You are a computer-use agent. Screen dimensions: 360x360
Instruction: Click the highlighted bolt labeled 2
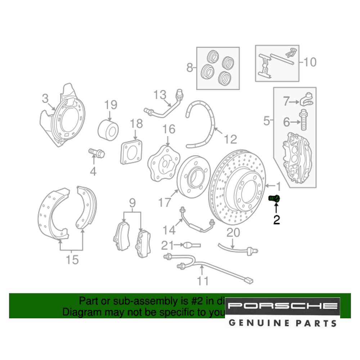[x=275, y=198]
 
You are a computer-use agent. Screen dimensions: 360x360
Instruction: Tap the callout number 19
[x=111, y=105]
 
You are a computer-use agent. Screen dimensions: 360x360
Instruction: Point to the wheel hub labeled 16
[x=164, y=163]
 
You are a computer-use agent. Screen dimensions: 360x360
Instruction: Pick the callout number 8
[x=190, y=67]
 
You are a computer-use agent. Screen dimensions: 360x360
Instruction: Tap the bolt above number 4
[x=96, y=154]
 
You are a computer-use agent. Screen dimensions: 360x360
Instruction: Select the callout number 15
[x=72, y=259]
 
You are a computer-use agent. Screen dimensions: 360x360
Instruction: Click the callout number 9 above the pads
[x=132, y=204]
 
